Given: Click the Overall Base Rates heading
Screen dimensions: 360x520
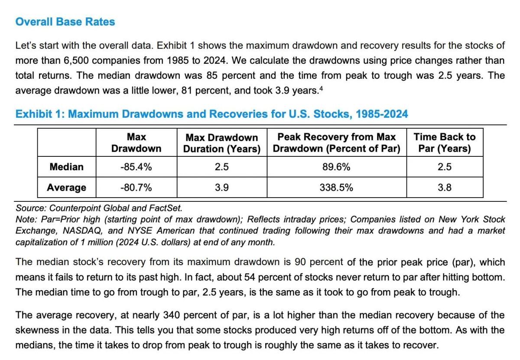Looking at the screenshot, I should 65,22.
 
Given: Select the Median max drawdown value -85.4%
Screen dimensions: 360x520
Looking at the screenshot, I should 136,167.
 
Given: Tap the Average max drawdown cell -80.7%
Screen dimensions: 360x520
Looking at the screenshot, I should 136,188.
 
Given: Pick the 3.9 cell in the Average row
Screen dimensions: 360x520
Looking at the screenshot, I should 222,188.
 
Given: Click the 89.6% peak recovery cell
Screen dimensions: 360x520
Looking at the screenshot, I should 336,167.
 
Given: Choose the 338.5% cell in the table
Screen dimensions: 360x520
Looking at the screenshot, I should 336,188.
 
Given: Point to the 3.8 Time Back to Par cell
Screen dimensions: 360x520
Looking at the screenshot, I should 444,188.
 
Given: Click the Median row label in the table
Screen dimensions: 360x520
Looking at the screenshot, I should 66,167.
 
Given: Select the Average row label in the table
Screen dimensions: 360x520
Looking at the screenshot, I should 66,188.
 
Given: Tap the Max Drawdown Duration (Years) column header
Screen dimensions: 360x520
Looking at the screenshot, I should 222,143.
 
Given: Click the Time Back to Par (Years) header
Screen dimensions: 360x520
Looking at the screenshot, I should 444,143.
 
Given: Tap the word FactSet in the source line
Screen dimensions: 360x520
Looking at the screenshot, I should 167,208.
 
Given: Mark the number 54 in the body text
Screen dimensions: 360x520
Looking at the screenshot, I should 250,277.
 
